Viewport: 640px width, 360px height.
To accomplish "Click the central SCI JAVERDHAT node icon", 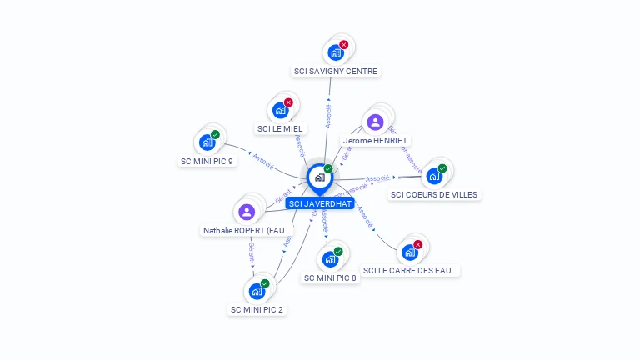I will [319, 177].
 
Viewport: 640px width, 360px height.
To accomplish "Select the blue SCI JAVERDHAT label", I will [320, 203].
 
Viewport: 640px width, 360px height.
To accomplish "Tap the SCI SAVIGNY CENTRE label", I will [336, 72].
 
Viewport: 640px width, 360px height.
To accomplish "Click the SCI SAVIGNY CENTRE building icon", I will [335, 52].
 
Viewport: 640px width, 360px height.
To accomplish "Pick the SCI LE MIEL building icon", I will [280, 110].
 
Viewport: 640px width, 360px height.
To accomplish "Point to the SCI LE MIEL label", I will [281, 128].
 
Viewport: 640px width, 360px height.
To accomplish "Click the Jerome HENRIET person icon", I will [375, 122].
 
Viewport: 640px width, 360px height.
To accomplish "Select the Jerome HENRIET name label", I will [376, 141].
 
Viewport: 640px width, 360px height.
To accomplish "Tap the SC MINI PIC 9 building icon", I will [207, 142].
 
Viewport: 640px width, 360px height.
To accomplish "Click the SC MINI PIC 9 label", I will [207, 161].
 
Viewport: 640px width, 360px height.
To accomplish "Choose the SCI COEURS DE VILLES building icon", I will [433, 176].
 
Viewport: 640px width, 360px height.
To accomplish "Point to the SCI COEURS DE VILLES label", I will [435, 194].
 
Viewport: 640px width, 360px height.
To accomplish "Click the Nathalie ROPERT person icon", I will [246, 212].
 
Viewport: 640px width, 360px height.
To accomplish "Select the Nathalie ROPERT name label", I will [247, 230].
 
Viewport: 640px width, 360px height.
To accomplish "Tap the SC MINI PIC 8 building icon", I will [330, 259].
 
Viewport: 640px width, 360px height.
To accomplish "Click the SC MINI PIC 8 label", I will [331, 277].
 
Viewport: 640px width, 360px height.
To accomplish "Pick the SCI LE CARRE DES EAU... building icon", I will [409, 252].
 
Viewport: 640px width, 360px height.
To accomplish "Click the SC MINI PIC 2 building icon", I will [257, 291].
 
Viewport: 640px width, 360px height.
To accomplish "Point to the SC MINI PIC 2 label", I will [257, 309].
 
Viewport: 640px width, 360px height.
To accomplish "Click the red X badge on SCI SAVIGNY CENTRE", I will [343, 45].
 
